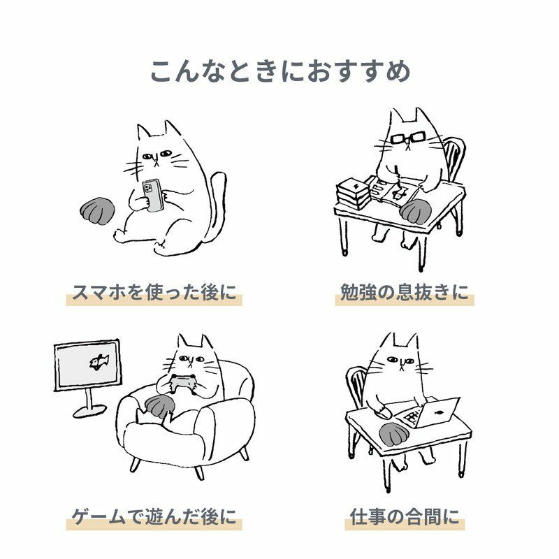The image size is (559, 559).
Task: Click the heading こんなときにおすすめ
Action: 280,71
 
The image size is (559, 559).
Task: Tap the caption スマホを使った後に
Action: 154,292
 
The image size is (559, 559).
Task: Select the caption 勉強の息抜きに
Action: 405,292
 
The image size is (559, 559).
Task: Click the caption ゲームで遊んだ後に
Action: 154,516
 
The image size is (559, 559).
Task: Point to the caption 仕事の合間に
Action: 405,516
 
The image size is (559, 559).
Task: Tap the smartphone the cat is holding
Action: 153,195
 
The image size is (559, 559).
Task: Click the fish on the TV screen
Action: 99,362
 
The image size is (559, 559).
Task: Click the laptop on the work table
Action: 431,414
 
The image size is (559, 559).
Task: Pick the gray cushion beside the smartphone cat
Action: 97,210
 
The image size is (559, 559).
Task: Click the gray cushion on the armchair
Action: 160,407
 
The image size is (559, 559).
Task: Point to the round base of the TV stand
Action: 89,411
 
